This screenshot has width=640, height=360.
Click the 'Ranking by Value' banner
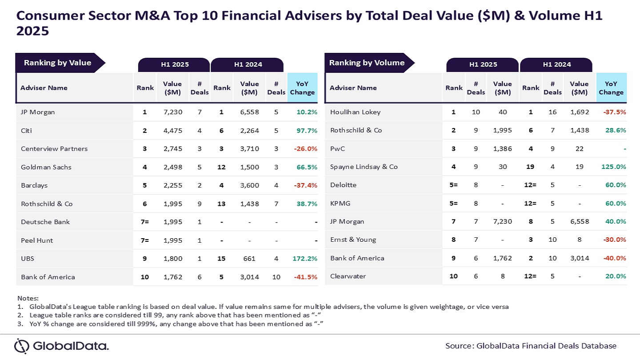[58, 63]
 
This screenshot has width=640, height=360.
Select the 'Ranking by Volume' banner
[367, 63]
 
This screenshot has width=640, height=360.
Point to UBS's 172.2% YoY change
[305, 258]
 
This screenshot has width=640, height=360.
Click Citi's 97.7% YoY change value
[307, 131]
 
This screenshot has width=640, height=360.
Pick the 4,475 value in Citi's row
[172, 131]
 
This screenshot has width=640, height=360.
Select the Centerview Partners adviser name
[54, 149]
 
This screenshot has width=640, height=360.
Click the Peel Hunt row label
[37, 240]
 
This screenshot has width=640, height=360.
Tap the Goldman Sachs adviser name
[46, 167]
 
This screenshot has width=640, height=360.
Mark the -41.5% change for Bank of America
[305, 277]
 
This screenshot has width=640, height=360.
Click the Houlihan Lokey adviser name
[355, 112]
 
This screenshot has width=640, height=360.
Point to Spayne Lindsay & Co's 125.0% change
[614, 167]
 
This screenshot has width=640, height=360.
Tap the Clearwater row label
[348, 276]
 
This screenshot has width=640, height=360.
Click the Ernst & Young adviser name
[353, 240]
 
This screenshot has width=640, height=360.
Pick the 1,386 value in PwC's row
[503, 148]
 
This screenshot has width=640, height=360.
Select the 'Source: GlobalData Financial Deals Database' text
[531, 346]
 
